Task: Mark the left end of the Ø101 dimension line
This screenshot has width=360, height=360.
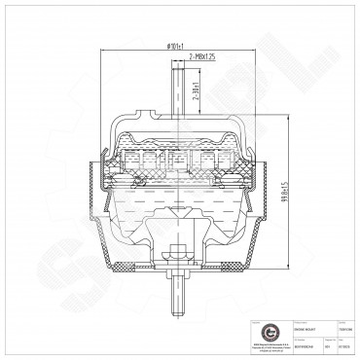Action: tap(104, 52)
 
